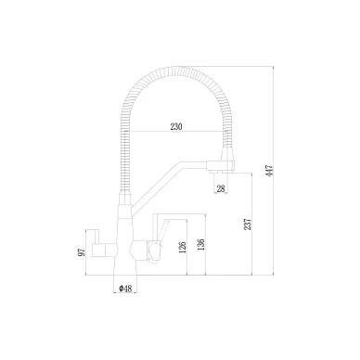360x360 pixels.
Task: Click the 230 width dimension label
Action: pos(176,126)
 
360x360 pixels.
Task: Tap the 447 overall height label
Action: pos(270,171)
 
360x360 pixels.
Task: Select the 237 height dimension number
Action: pos(248,225)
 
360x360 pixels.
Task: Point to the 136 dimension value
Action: pos(201,245)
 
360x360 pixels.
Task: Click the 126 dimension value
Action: pos(183,248)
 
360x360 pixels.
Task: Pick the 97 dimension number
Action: pos(82,252)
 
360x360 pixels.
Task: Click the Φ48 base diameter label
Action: pos(125,289)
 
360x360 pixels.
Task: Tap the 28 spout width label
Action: pos(221,188)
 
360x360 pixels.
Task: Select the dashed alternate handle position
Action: pos(163,230)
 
